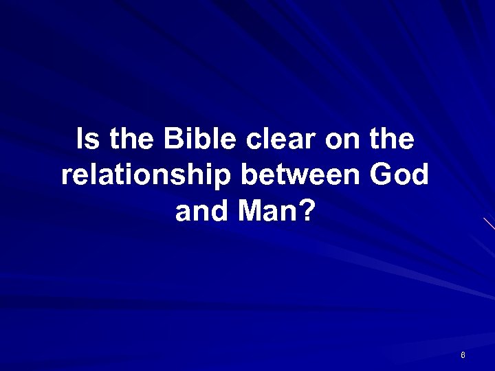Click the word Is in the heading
coord(87,140)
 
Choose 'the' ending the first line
coord(390,140)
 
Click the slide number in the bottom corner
coord(463,355)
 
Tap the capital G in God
coord(382,175)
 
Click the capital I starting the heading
coord(80,140)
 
